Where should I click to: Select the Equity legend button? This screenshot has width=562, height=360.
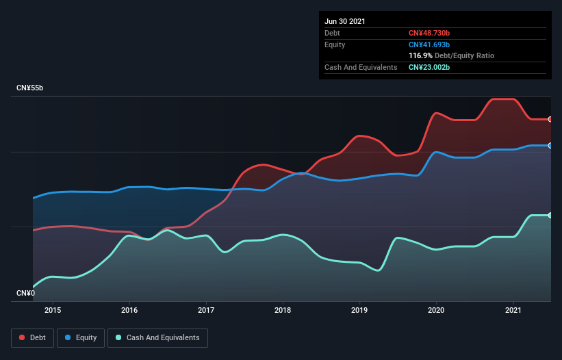tap(81, 337)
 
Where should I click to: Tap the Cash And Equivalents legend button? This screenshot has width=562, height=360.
tap(157, 337)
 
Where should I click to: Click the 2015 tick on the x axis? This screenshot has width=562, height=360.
tap(53, 310)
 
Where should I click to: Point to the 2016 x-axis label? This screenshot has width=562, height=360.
tap(129, 310)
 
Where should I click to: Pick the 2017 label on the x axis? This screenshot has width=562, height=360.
tap(206, 310)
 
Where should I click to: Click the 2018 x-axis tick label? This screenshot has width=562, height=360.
tap(283, 310)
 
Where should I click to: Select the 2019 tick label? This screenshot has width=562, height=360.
tap(359, 310)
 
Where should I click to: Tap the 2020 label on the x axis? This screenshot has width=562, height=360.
tap(436, 310)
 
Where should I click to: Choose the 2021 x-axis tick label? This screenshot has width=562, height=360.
tap(513, 310)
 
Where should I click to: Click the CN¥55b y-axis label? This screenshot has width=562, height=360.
tap(31, 88)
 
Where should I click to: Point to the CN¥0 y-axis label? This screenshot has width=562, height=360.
tap(25, 293)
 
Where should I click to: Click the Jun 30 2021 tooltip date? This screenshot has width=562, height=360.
tap(345, 21)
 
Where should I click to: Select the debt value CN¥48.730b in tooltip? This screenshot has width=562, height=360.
tap(429, 33)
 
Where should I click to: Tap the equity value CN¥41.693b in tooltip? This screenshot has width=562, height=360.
tap(429, 44)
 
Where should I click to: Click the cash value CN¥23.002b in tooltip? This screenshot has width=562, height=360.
tap(429, 67)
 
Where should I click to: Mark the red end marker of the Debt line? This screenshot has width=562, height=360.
tap(550, 119)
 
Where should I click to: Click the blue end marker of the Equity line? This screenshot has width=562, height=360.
tap(550, 145)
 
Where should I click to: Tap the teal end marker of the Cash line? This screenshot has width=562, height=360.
tap(550, 215)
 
